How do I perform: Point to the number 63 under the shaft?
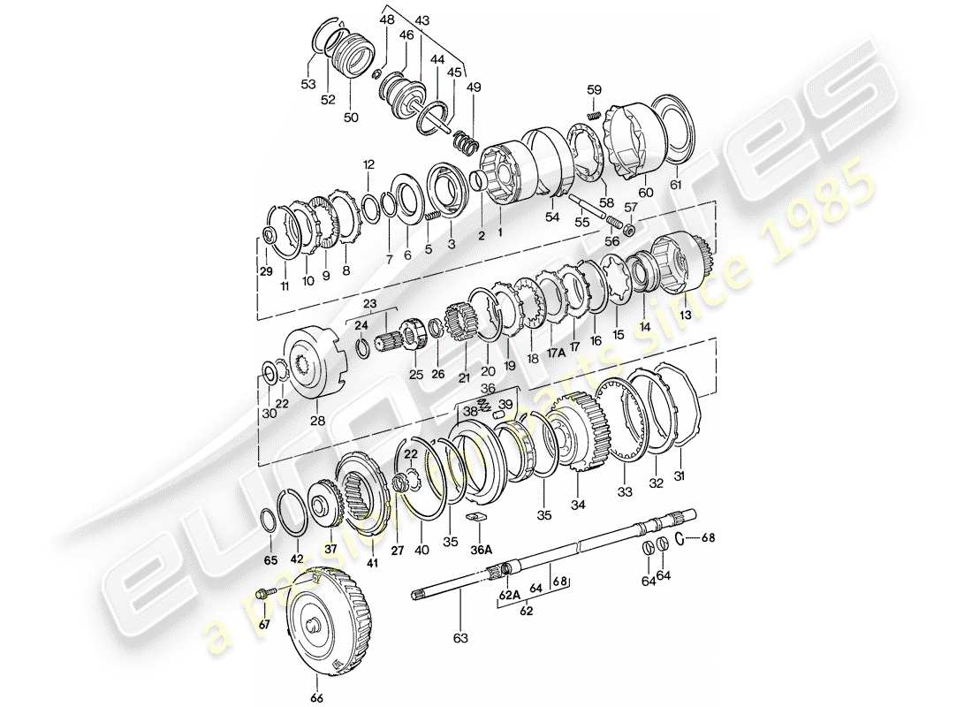(x=459, y=637)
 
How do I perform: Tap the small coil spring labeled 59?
(x=595, y=117)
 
